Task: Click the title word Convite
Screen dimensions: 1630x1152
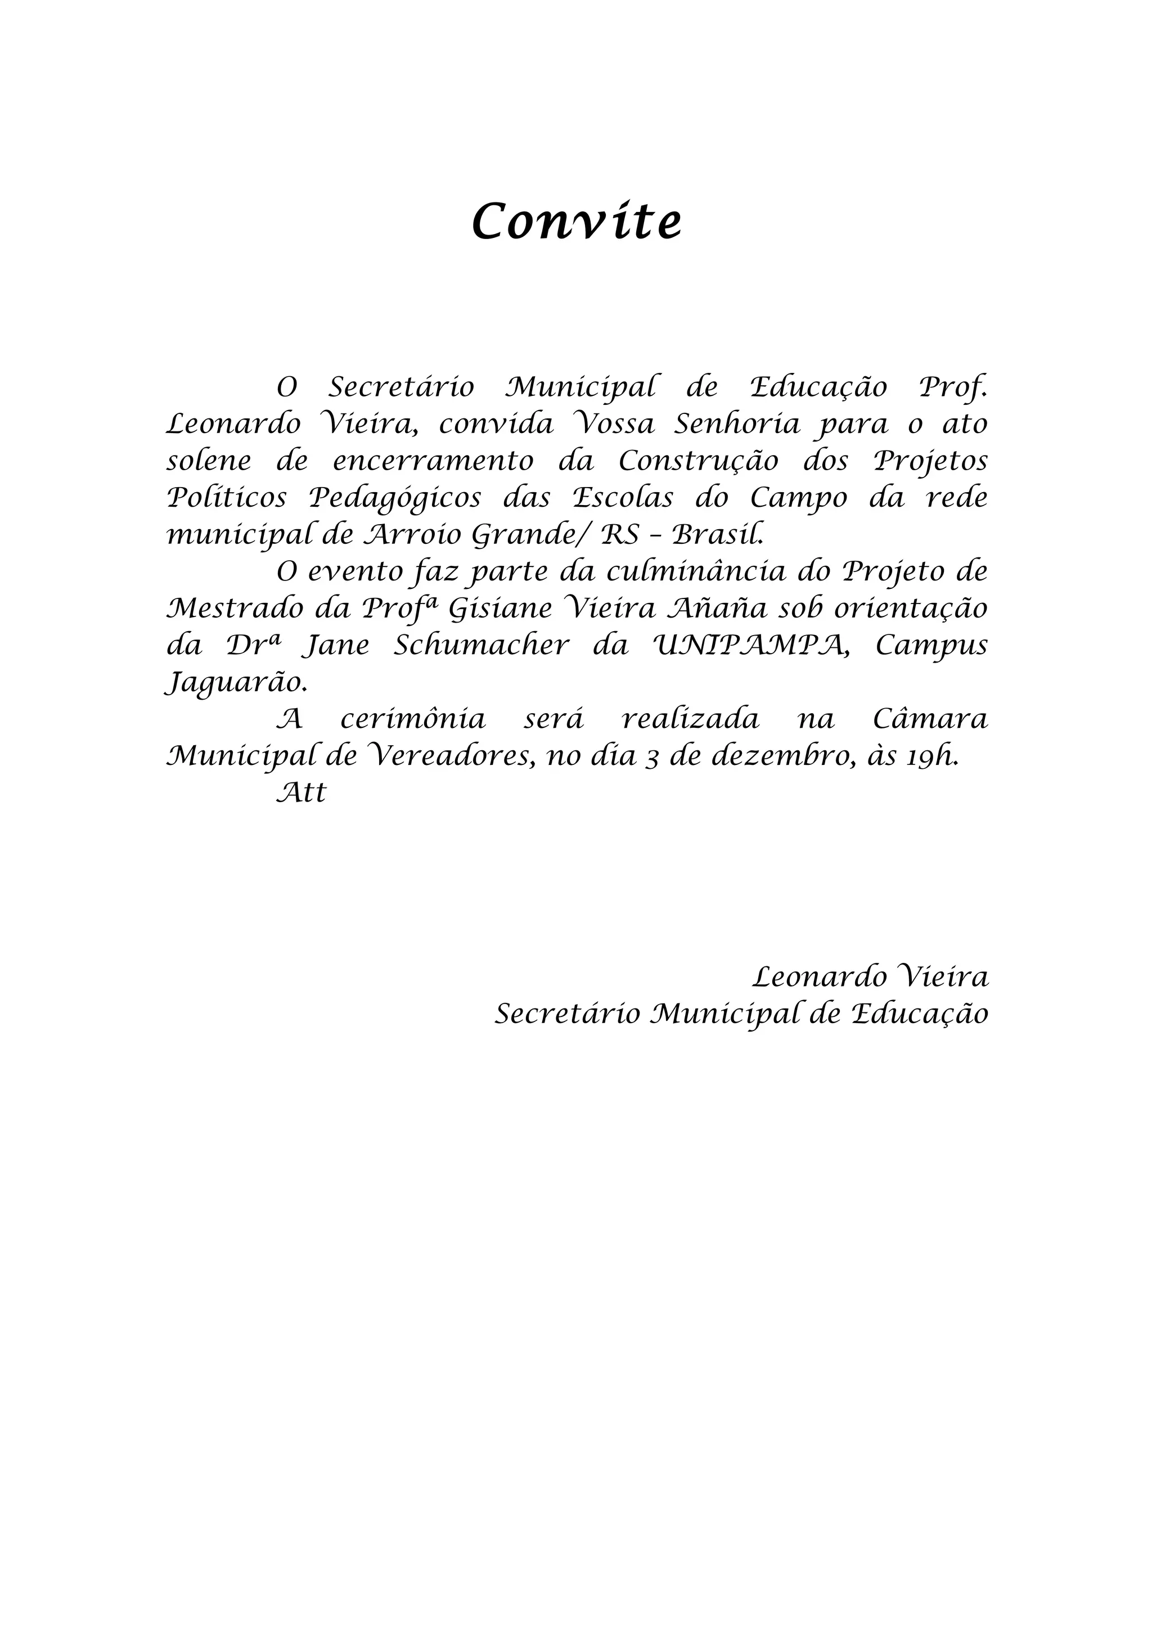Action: [x=577, y=222]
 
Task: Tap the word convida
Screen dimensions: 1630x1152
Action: [x=496, y=425]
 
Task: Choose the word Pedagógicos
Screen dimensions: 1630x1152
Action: [x=395, y=499]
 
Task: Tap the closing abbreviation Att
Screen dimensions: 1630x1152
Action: [x=301, y=793]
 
